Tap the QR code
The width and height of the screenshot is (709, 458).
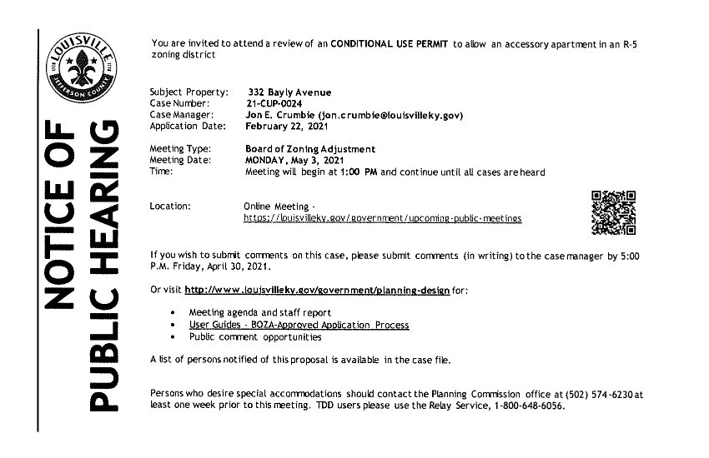pos(613,213)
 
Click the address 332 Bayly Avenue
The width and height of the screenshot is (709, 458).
pos(289,91)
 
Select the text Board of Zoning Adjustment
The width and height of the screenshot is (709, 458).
pos(309,149)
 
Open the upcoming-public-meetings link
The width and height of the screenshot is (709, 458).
pos(382,218)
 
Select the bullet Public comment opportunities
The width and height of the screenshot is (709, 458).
pos(254,337)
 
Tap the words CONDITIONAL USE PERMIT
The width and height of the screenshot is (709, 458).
pos(390,42)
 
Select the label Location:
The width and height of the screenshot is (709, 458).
pos(170,205)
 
